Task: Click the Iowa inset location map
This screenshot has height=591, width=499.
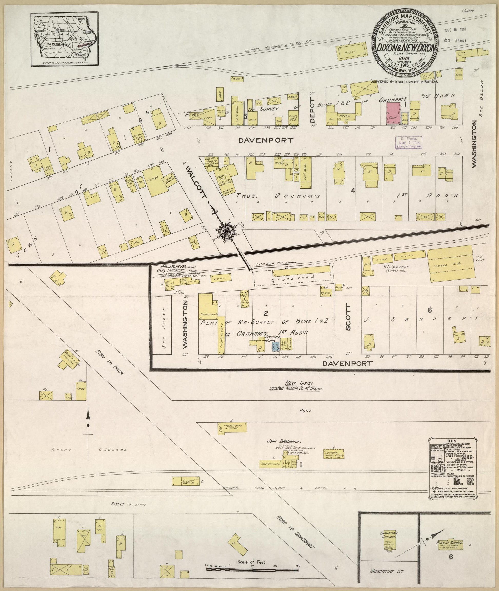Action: (65, 39)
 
